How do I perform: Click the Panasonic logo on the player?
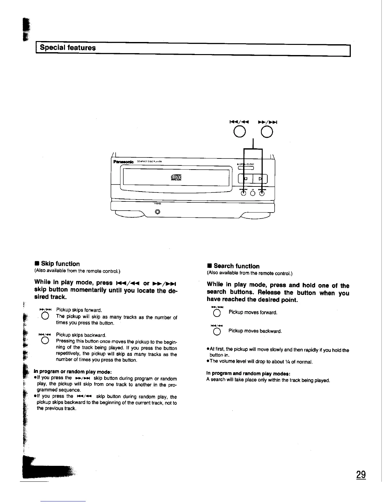click(123, 162)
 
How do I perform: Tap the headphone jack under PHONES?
click(157, 212)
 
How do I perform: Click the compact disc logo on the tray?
click(176, 178)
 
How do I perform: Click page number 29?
click(361, 475)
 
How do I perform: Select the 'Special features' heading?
click(68, 48)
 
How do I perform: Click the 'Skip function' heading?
click(60, 264)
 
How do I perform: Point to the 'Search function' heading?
click(236, 266)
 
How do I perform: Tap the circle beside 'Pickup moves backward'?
click(217, 332)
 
